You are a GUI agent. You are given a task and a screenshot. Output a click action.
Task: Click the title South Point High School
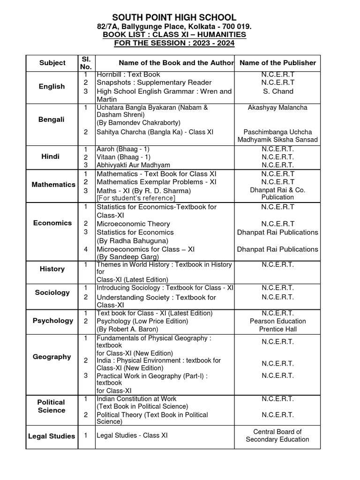(x=174, y=17)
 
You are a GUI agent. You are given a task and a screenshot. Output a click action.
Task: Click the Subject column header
(x=52, y=63)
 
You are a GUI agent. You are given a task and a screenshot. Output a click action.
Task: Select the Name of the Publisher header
(x=277, y=63)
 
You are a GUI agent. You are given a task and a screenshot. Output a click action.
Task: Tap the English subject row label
(x=52, y=87)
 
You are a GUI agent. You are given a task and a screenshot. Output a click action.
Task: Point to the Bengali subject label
(x=52, y=120)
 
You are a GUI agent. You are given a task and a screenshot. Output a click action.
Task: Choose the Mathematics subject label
(x=53, y=185)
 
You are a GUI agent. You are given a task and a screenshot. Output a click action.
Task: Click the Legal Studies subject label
(x=52, y=436)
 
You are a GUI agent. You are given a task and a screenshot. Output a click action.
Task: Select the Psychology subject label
(x=52, y=321)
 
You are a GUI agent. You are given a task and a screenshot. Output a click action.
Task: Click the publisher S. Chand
(x=277, y=91)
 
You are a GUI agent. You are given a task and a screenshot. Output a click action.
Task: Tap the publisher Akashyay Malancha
(x=277, y=107)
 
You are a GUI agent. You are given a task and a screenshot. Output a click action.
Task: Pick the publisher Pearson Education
(x=277, y=321)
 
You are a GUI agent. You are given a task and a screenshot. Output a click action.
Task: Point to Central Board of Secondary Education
(x=277, y=435)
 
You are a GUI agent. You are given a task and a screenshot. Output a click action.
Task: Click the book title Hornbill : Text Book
(x=128, y=75)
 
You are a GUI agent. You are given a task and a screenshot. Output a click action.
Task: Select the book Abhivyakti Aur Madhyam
(x=133, y=165)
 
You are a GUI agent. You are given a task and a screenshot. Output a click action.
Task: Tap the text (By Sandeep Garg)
(x=127, y=257)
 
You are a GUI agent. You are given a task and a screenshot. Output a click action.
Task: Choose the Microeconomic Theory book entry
(x=133, y=224)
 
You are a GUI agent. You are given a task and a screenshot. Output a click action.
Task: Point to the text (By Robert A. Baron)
(x=131, y=329)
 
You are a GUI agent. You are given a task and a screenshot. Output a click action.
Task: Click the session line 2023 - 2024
(x=174, y=43)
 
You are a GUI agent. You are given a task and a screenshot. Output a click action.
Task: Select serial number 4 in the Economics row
(x=86, y=249)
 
